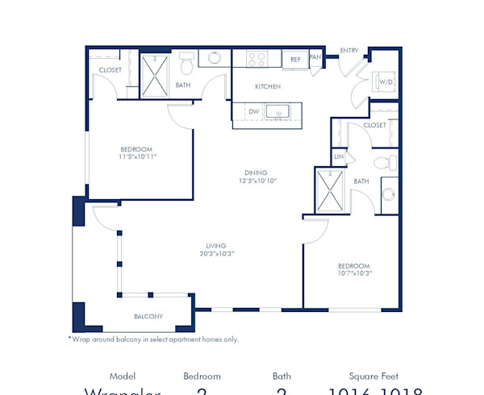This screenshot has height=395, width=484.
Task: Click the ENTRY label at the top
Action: coord(350,50)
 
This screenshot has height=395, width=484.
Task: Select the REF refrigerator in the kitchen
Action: coord(295,60)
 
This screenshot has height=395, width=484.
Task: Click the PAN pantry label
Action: coord(315,57)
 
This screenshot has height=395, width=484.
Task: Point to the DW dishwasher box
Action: coord(254,112)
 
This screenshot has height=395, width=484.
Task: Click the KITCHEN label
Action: coord(267,85)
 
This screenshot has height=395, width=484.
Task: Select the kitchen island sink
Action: coord(283,113)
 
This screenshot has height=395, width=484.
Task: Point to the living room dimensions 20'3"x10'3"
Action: coord(215,254)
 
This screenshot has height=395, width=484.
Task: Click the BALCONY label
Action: coord(148,316)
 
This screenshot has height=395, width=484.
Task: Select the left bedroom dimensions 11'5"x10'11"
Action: coord(136,156)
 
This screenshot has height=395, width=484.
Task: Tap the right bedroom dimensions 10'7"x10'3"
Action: coord(353,274)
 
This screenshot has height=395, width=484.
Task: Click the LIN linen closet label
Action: coord(339,156)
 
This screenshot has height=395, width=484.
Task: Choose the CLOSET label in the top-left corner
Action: coord(111,70)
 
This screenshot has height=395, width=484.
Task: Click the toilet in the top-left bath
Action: coord(186,61)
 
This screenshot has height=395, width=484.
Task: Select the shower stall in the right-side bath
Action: coord(331,192)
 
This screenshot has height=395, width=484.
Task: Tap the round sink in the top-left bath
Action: coord(215,58)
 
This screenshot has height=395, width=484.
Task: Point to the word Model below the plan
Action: coord(123,376)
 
